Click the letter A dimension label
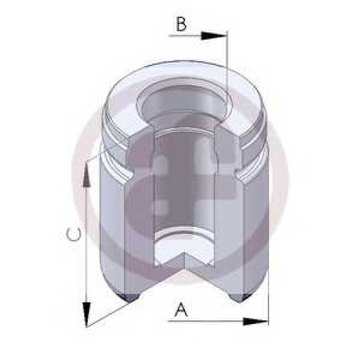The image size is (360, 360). [181, 310]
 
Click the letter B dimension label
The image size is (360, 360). [181, 24]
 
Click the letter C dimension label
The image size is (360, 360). [73, 235]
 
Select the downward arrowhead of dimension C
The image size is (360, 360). [87, 314]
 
